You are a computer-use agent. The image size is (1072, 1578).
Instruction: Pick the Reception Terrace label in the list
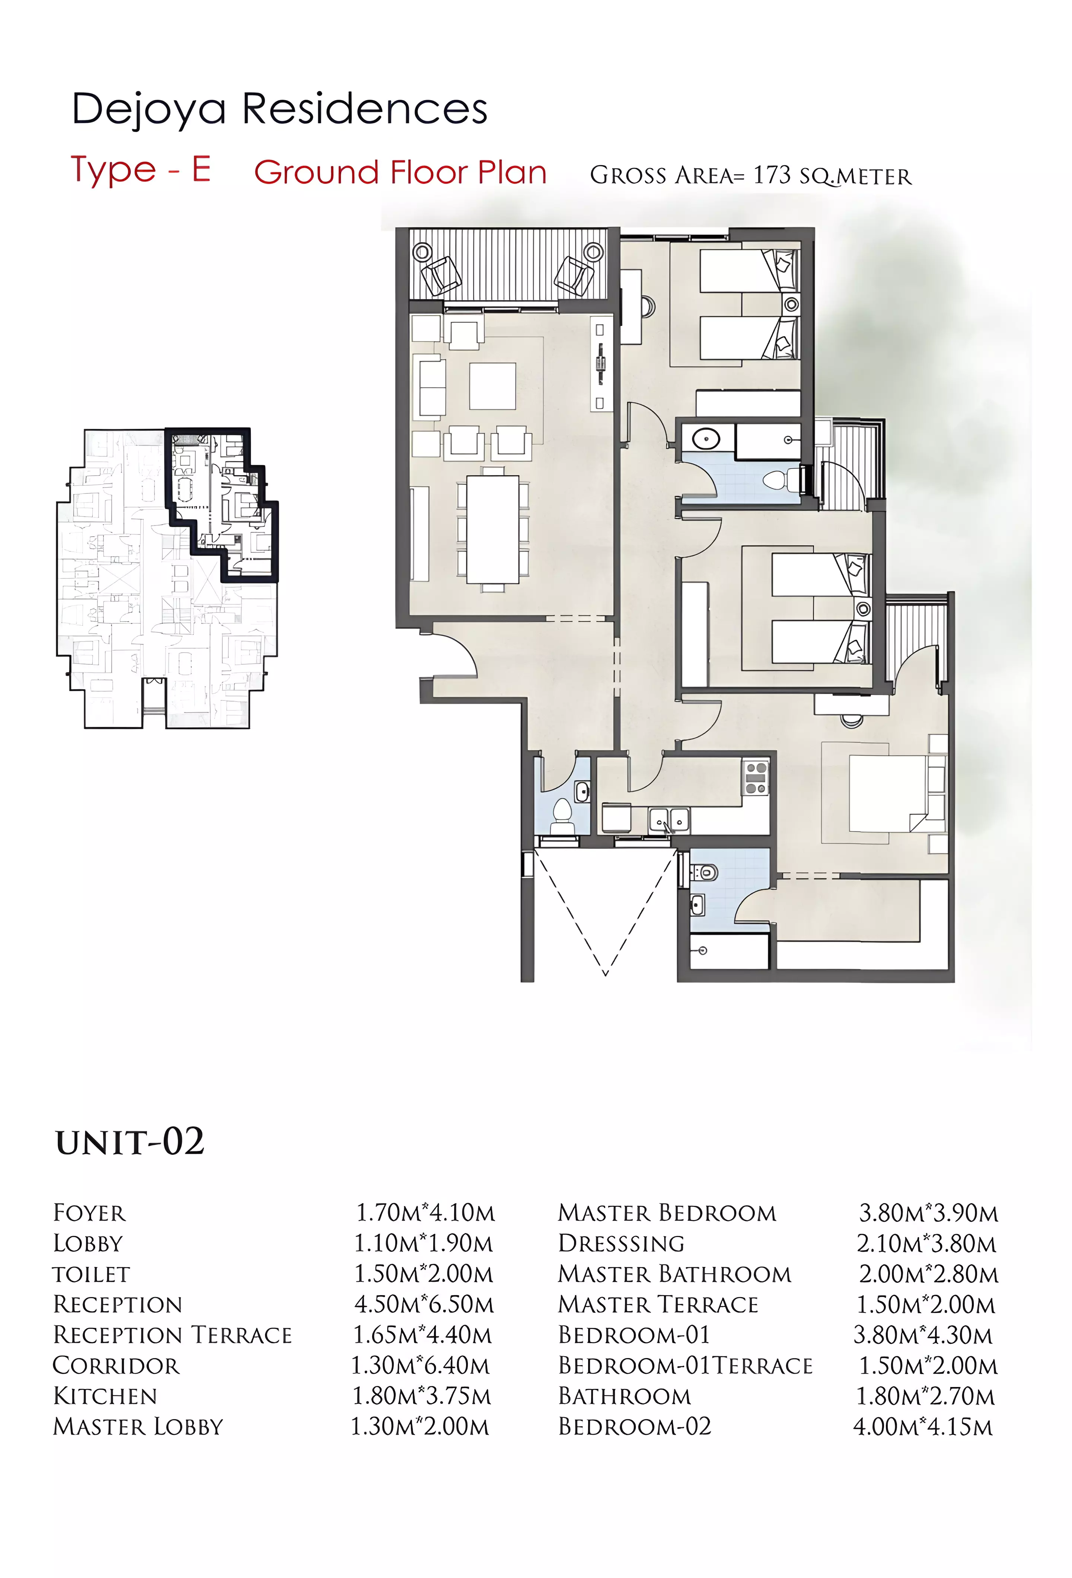click(172, 1335)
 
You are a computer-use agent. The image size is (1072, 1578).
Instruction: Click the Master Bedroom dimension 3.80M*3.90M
click(928, 1213)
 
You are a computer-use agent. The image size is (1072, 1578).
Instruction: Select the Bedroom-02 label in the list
click(635, 1427)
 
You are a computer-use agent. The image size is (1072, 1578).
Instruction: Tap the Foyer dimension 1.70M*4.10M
click(426, 1213)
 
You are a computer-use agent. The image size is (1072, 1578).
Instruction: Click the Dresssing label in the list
click(621, 1243)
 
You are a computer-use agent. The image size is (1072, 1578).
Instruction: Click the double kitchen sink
click(669, 820)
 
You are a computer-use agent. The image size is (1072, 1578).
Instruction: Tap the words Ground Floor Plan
click(401, 172)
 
